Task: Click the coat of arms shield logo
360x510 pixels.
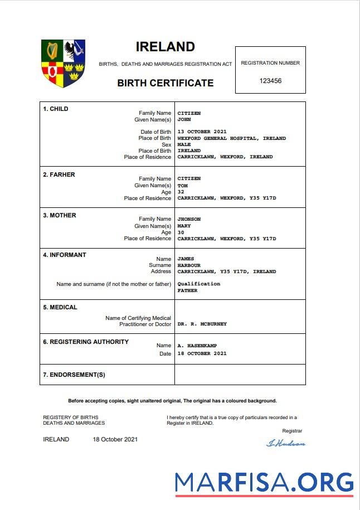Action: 63,63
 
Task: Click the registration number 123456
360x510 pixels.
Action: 270,81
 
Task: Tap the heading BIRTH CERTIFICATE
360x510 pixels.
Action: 165,83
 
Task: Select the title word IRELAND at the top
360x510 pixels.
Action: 165,47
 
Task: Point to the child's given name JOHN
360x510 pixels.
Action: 184,119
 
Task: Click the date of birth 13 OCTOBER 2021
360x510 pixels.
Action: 202,132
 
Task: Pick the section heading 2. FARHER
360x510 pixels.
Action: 59,174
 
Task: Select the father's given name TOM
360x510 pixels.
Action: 182,186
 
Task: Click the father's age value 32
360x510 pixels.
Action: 181,192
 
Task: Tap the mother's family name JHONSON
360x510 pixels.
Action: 189,219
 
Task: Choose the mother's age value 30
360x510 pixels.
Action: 181,232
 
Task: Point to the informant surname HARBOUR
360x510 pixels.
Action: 189,265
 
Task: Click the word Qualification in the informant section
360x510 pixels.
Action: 198,284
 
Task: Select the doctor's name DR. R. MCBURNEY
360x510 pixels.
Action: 202,324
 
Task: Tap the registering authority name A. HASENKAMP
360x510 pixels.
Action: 197,346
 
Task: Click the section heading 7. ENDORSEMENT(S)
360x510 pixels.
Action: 74,375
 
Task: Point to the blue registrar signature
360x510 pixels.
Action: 286,444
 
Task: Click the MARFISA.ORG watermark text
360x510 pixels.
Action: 264,482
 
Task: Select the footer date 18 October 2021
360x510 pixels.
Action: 115,439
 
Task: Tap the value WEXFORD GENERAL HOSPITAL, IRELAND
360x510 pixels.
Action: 231,138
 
